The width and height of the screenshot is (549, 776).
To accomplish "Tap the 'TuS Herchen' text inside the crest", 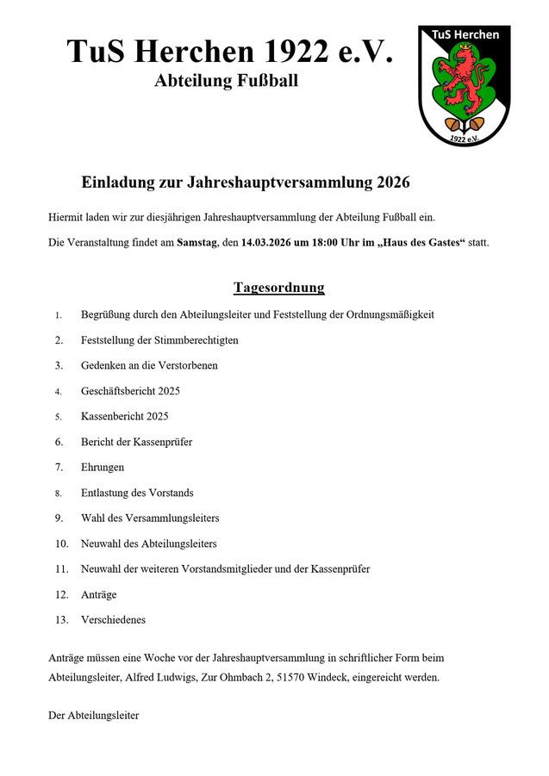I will click(x=465, y=34).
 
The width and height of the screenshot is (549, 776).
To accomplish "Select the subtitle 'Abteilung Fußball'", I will click(x=227, y=82).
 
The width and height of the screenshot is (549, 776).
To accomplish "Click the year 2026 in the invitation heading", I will click(x=393, y=183).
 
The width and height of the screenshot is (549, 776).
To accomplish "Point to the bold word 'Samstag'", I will click(x=197, y=243).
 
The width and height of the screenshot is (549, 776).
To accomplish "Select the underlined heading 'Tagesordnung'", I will click(x=278, y=288).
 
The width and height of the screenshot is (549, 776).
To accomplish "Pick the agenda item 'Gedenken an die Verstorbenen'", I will click(x=149, y=365).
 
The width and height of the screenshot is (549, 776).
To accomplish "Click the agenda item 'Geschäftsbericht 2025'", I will click(x=130, y=391).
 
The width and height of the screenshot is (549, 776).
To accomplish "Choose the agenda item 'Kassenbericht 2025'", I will click(x=125, y=416).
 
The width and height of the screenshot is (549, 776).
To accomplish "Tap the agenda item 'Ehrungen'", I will click(x=103, y=467).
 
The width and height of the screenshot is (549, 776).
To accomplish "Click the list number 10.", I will click(x=61, y=543).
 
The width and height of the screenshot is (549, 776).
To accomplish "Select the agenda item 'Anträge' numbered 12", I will click(x=98, y=594).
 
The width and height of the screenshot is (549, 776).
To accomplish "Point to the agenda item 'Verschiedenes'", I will click(x=113, y=619).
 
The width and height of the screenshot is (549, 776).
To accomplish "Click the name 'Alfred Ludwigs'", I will click(x=159, y=677).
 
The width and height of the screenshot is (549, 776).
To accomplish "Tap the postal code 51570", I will click(x=291, y=677).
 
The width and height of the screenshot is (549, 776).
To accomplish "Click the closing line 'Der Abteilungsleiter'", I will click(x=93, y=716).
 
